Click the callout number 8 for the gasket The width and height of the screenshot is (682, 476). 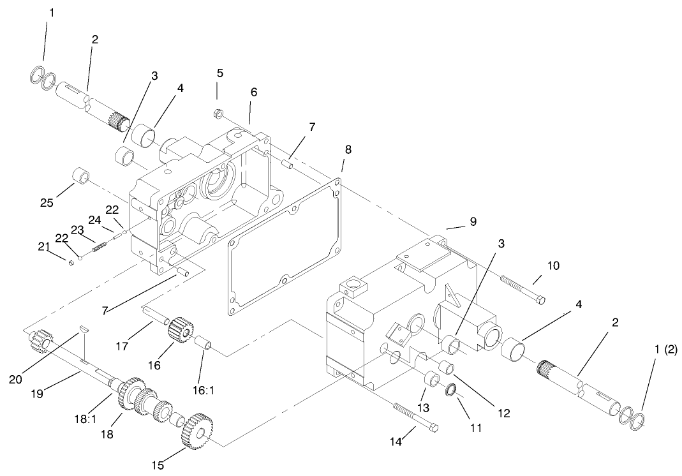tap(348, 150)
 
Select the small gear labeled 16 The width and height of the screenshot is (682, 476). tap(180, 331)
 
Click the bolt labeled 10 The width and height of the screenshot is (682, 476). tap(523, 289)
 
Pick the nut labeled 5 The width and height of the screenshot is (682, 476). tap(218, 114)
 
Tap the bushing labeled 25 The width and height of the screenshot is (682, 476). tap(80, 175)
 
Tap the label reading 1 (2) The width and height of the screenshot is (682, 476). tap(665, 337)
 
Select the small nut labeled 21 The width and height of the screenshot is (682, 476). tap(70, 262)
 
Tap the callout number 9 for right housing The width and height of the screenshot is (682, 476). tap(473, 221)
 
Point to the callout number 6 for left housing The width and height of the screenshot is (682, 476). tap(253, 93)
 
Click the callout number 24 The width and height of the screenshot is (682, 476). tap(95, 220)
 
